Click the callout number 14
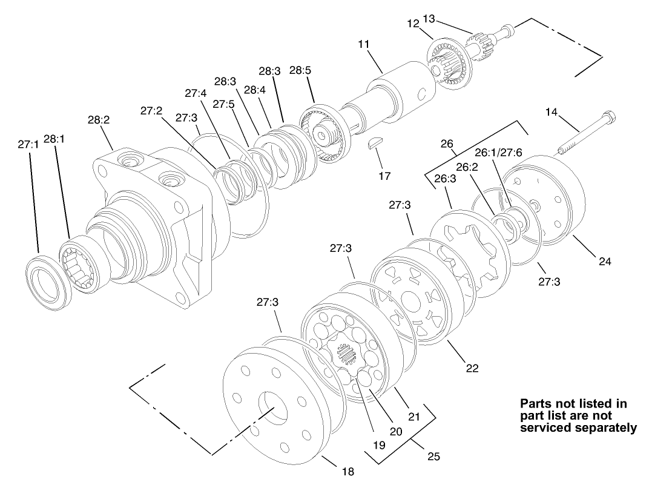[x=551, y=112]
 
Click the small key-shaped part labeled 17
[x=376, y=144]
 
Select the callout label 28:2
[x=98, y=120]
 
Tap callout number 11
[x=363, y=45]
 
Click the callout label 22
[x=472, y=368]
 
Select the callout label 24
[x=605, y=262]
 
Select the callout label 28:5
[x=300, y=70]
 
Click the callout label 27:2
[x=151, y=111]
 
